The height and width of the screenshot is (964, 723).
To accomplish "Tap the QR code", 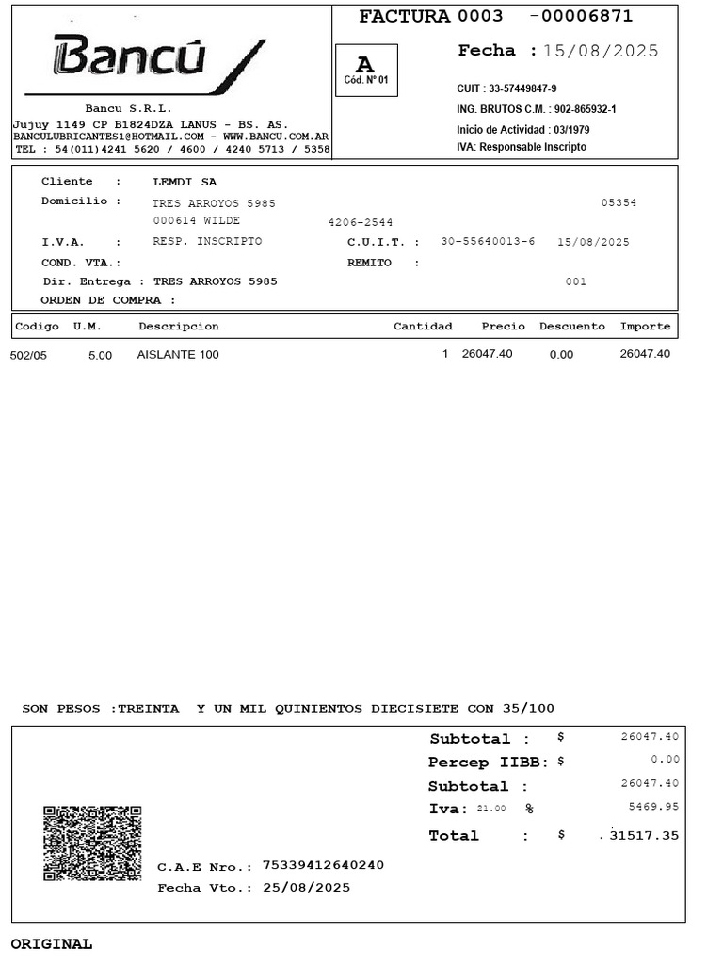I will click(x=92, y=843).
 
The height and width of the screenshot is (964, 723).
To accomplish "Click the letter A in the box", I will click(x=365, y=64).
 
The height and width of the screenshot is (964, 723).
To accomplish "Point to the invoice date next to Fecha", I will click(x=601, y=51).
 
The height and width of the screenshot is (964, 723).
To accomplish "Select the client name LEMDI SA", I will click(x=185, y=182).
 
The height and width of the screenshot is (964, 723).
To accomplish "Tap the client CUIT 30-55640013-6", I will click(x=488, y=242).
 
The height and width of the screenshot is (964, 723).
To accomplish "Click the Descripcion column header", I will click(x=178, y=327).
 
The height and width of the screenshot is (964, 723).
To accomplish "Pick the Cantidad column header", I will click(x=423, y=327).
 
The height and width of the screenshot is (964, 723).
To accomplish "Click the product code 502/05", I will click(x=28, y=355).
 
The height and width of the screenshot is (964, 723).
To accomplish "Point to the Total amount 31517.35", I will click(x=644, y=835).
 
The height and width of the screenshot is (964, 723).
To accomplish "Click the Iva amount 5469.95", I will click(x=653, y=807).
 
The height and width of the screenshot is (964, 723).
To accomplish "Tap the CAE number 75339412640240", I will click(x=323, y=865).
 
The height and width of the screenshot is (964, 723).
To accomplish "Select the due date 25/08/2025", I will click(x=306, y=887).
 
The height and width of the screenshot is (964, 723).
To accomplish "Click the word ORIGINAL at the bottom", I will click(x=52, y=943).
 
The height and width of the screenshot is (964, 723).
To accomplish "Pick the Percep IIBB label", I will click(x=490, y=762).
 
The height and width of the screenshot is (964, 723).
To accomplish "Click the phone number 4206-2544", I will click(x=360, y=222).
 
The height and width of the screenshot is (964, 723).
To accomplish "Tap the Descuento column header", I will click(x=571, y=327).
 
